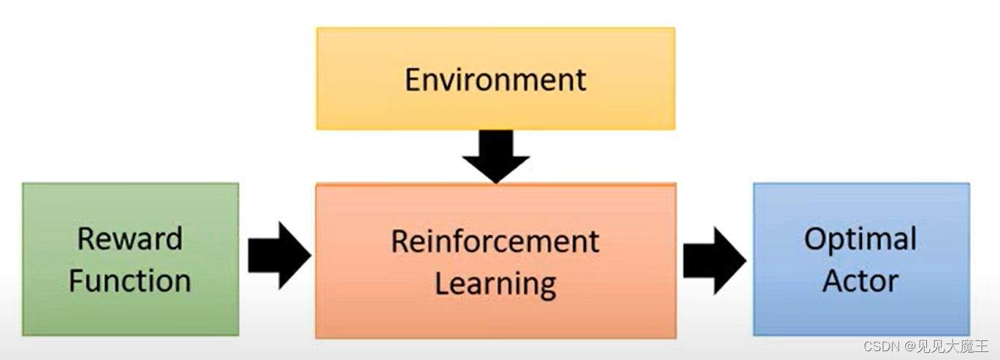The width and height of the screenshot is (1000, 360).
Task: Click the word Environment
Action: point(495,80)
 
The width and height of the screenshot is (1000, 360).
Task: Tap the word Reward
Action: point(130,239)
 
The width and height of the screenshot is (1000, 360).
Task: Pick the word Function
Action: point(130,280)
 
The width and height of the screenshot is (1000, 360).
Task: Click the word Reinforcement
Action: point(495,241)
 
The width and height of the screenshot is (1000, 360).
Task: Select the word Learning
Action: point(495,283)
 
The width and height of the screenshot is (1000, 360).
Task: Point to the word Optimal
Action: point(860,239)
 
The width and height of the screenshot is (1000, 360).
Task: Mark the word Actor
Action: point(860,280)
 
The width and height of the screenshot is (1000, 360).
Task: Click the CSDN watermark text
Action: point(881,347)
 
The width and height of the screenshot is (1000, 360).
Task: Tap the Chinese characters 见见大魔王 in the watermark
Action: point(953,347)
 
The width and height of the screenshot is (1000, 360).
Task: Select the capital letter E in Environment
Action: point(413,80)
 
